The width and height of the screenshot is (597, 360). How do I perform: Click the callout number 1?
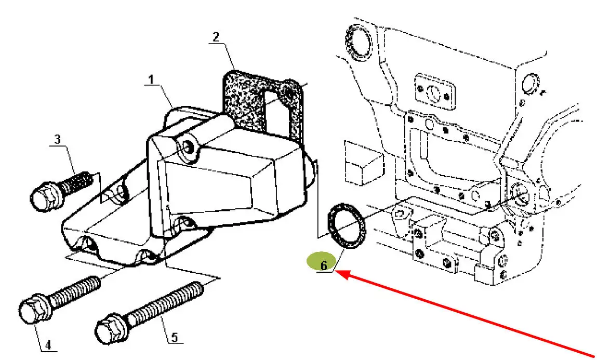pyautogui.click(x=151, y=80)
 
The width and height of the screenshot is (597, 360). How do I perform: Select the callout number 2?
pyautogui.click(x=216, y=37)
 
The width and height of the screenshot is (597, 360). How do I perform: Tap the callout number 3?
pyautogui.click(x=58, y=139)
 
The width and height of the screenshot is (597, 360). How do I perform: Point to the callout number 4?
pyautogui.click(x=48, y=345)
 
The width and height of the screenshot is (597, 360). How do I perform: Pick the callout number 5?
pyautogui.click(x=175, y=337)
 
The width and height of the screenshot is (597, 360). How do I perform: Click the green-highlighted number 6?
pyautogui.click(x=324, y=265)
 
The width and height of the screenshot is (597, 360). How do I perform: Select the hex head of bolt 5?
pyautogui.click(x=111, y=328)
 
